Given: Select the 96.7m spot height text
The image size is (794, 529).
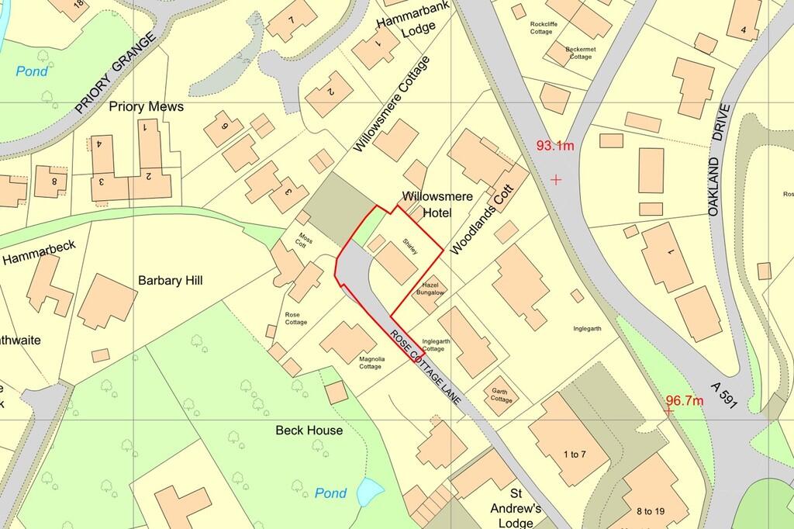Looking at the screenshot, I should [684, 401].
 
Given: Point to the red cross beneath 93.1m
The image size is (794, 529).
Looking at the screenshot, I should [556, 180].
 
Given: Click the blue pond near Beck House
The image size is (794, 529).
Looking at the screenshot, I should [370, 490].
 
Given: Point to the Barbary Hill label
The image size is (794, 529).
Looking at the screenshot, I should [170, 281].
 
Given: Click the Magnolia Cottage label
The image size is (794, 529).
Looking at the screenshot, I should [370, 363].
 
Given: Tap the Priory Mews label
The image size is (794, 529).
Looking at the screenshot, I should [147, 106].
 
